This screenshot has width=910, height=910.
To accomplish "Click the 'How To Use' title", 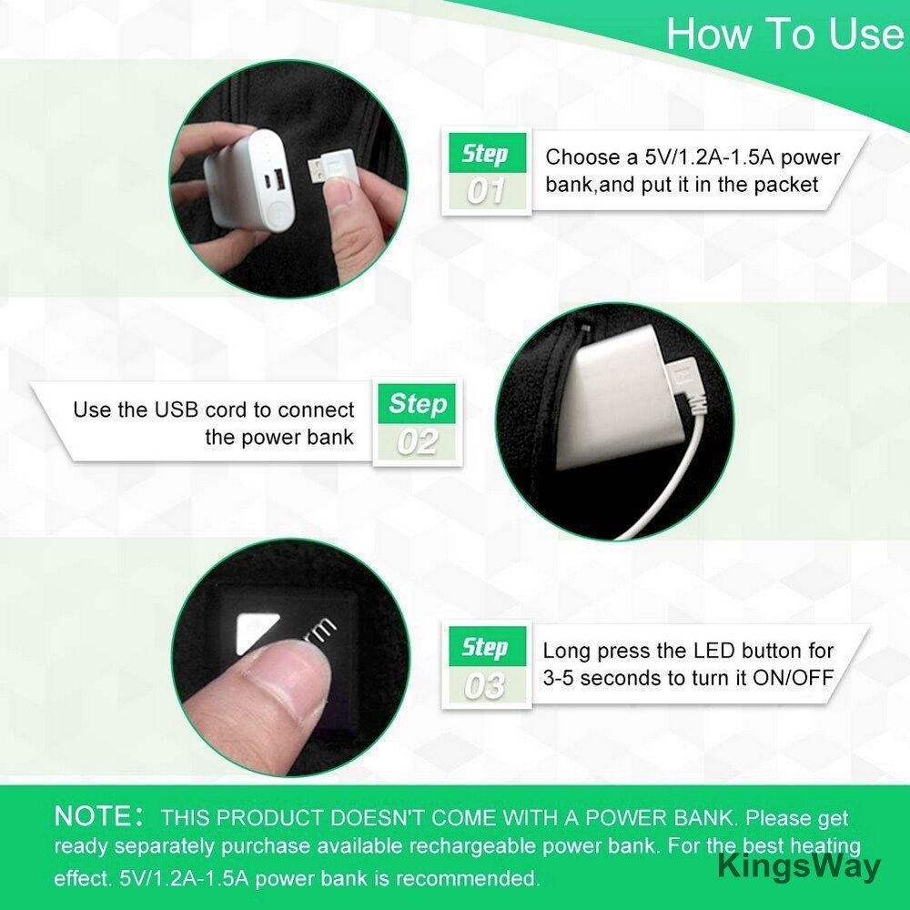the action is (x=784, y=34).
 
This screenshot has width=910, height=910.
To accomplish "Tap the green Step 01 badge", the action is (x=488, y=153).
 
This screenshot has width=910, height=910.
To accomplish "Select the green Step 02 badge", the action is (x=417, y=403).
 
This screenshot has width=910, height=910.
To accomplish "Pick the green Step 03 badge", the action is (x=488, y=646).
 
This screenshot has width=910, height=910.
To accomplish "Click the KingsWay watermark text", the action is (x=799, y=867).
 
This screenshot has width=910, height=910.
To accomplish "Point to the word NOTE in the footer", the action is (x=94, y=816).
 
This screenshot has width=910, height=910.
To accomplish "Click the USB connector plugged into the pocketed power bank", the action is (x=685, y=380).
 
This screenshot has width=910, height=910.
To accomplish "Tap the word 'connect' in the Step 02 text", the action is (x=316, y=409).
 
